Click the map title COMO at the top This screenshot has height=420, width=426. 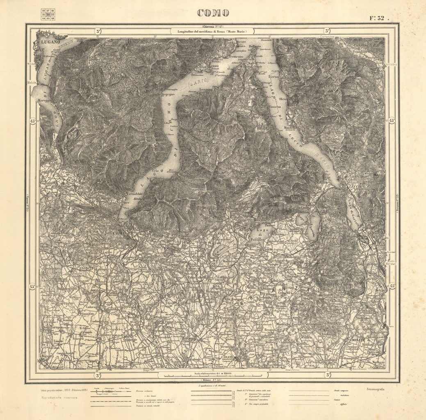click(x=213, y=13)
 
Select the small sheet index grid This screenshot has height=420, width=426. click(x=48, y=14)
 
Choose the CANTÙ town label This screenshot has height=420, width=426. click(x=154, y=296)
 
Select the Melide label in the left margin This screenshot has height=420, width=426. click(x=32, y=82)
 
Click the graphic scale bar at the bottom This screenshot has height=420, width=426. click(x=213, y=376)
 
